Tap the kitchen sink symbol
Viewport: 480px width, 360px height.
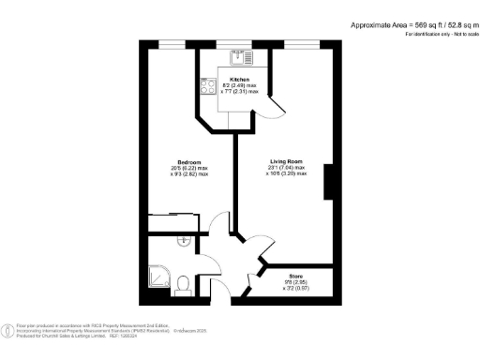click(238, 53)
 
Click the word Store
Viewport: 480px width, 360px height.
click(295, 275)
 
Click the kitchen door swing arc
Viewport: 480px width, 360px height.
click(274, 108)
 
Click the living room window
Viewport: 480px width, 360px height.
click(300, 44)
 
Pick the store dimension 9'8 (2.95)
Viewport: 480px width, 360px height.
click(295, 281)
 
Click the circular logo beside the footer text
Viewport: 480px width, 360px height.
click(9, 328)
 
